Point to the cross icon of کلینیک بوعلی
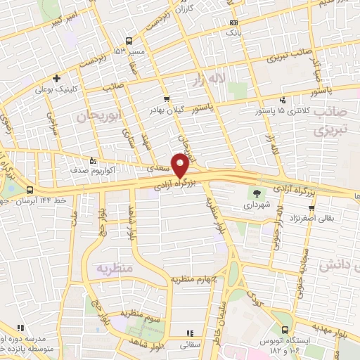[56, 78]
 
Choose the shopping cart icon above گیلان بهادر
[167, 99]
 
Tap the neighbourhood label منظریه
[115, 269]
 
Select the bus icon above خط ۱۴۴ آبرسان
[29, 191]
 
